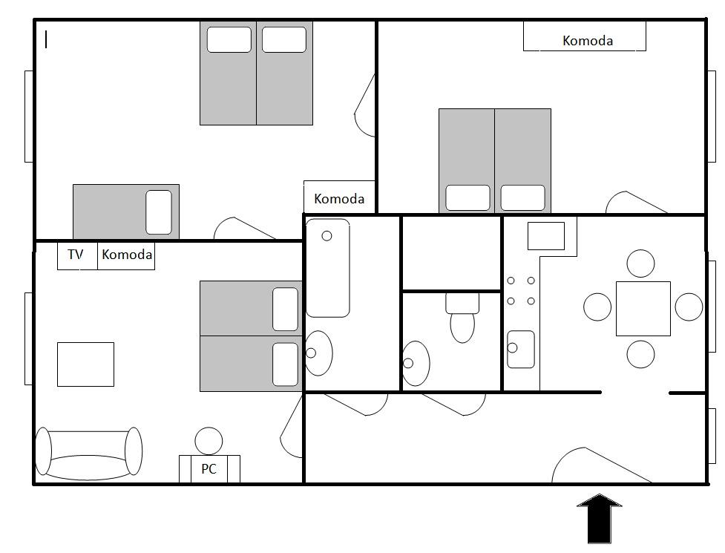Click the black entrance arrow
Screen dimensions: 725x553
(x=600, y=518)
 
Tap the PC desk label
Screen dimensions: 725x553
(x=209, y=469)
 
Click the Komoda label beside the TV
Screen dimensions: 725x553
(x=126, y=255)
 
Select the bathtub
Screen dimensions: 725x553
(x=328, y=268)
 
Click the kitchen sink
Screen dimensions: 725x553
(x=521, y=349)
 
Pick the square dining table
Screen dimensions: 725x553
(x=643, y=308)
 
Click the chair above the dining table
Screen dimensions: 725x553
(x=641, y=264)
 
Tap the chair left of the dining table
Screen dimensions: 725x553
(x=597, y=307)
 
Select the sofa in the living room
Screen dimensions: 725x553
(x=89, y=453)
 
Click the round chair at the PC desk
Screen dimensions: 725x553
(x=209, y=441)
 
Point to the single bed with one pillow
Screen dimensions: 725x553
(x=126, y=212)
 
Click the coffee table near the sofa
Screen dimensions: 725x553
(x=85, y=364)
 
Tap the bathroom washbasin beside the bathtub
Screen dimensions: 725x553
(x=318, y=353)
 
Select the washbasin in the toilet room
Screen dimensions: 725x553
(x=416, y=364)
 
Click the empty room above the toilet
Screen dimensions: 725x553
(x=451, y=253)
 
